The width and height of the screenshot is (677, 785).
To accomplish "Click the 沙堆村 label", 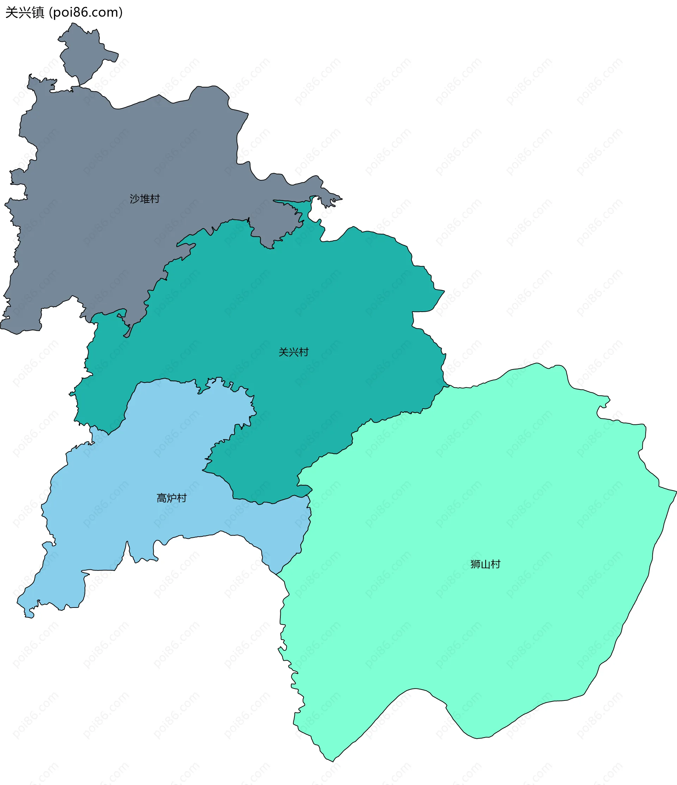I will (145, 199).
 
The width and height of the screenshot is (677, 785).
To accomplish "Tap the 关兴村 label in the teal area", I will (294, 352).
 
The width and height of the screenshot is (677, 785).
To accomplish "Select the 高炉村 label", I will (171, 498).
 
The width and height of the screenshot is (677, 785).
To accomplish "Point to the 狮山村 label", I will (485, 564).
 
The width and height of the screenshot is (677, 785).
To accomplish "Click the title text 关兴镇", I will (25, 13).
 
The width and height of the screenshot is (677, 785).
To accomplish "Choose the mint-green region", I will (474, 493).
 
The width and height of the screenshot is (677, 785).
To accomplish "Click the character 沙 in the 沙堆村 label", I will (135, 199).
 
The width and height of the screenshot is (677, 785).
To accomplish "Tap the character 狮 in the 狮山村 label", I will (475, 564).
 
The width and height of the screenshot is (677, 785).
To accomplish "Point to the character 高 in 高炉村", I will (161, 498).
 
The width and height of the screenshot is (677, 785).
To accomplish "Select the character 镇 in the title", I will (38, 13).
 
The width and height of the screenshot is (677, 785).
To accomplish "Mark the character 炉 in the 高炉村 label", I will (171, 498).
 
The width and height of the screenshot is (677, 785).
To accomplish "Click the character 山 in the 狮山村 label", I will (485, 564).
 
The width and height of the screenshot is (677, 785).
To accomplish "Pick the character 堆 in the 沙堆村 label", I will (145, 199).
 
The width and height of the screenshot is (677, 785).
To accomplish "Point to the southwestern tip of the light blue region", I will (29, 616).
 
